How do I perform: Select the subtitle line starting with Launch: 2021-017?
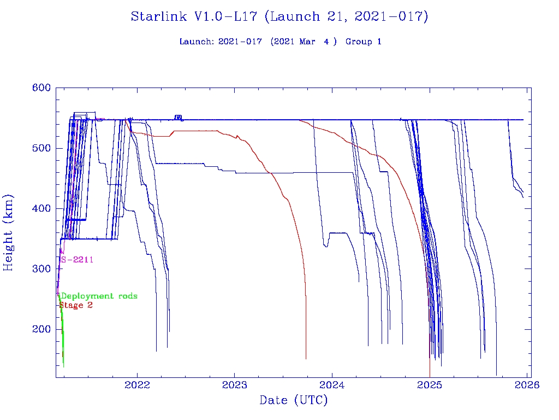coord(280,42)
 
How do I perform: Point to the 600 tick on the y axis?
coord(41,88)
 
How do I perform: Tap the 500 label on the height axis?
coord(41,148)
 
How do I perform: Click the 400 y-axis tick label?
coord(41,208)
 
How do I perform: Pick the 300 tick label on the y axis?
coord(41,269)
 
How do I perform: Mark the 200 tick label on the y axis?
coord(41,329)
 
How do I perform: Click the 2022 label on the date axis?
coord(136,385)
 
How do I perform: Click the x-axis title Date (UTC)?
coord(294,401)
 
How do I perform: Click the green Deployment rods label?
coord(98,296)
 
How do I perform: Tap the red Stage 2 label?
coord(76,305)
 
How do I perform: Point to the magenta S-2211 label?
coord(77,260)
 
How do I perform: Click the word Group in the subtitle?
coord(358,42)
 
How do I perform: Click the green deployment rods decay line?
coord(62,339)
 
